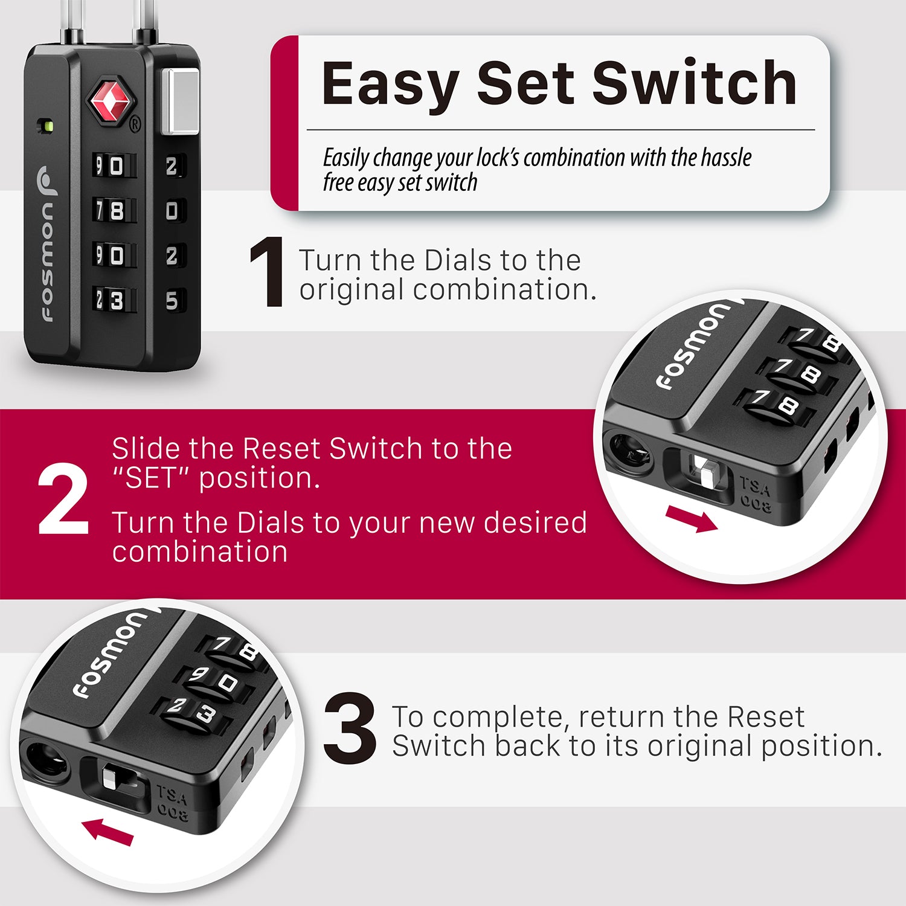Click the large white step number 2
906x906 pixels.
[63, 499]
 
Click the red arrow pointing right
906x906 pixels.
[691, 519]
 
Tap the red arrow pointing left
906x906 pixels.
[108, 831]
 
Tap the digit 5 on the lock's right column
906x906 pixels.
[172, 300]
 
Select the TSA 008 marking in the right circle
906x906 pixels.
[755, 494]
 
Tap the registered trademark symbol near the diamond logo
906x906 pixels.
[135, 124]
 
